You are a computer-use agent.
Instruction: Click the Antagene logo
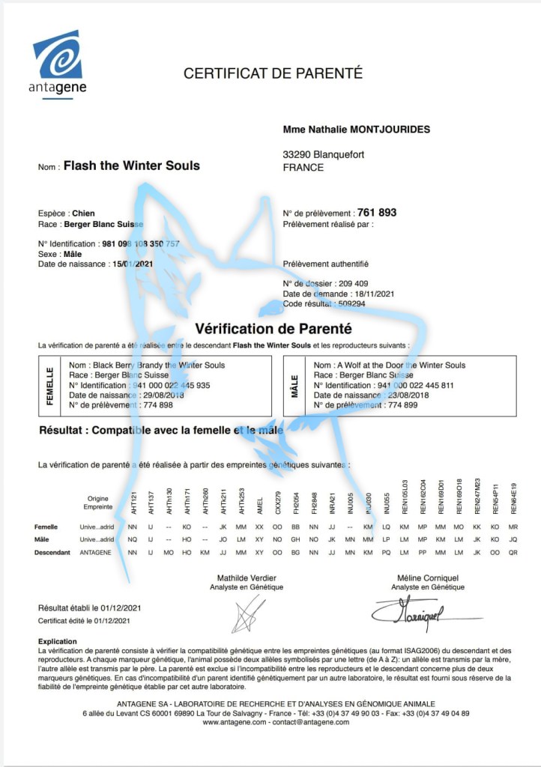pos(59,63)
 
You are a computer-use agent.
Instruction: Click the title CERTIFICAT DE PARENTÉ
pos(273,73)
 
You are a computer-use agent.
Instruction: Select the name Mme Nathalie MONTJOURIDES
pos(356,130)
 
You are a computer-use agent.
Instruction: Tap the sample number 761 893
pos(377,212)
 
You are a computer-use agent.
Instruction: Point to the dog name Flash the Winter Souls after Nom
pos(132,166)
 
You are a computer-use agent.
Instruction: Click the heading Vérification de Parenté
pos(273,328)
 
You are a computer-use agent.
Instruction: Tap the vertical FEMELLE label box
pos(50,386)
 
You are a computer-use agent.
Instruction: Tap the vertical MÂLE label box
pos(295,386)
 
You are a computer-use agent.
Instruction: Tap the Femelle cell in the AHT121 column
pos(133,527)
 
